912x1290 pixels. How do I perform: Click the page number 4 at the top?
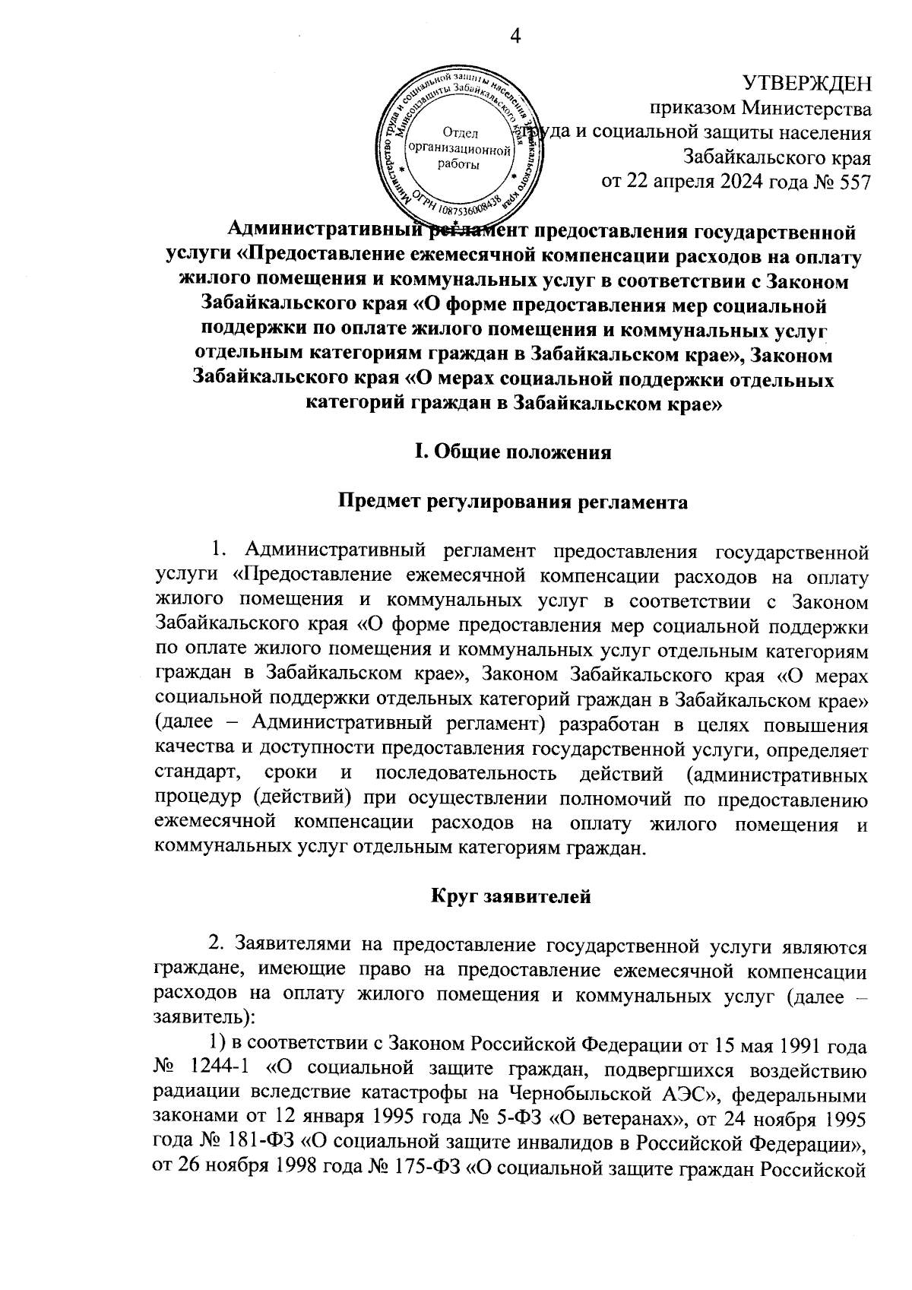click(x=516, y=36)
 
